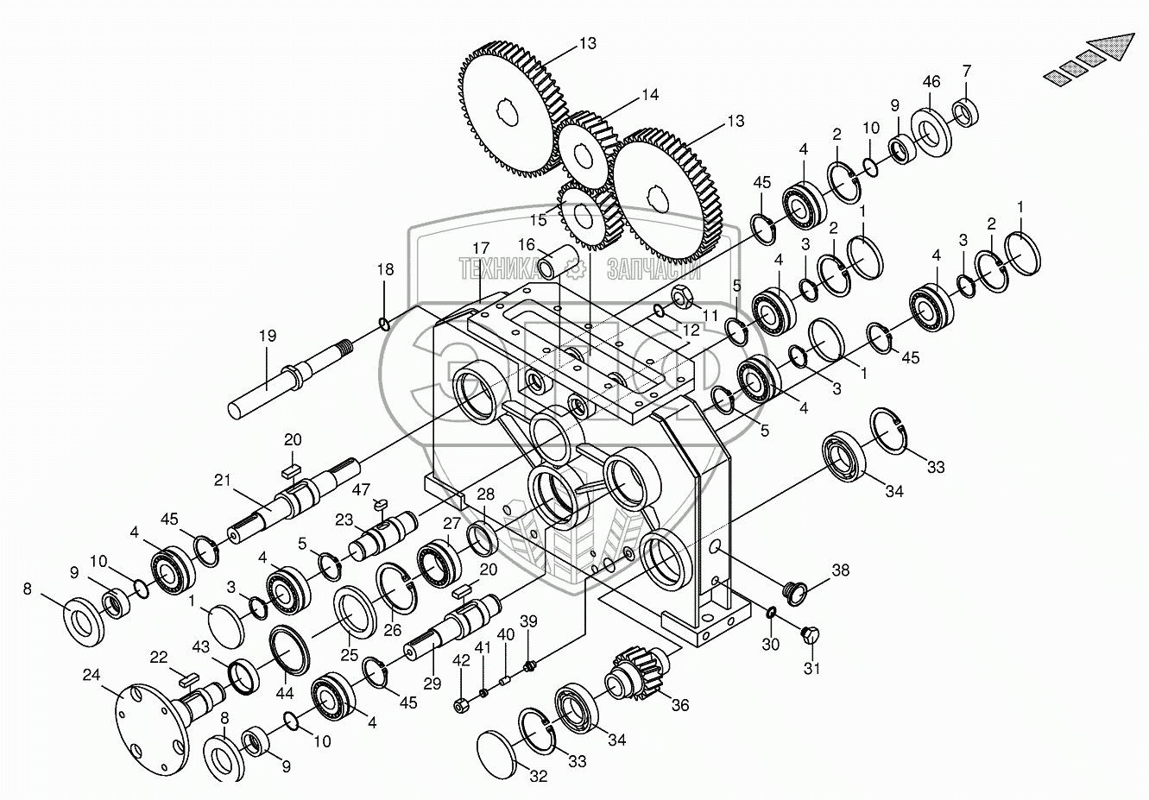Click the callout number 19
click(x=268, y=336)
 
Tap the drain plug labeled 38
click(x=794, y=594)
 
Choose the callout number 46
click(x=931, y=81)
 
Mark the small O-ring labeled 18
click(x=383, y=324)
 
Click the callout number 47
click(x=361, y=489)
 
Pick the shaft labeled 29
click(x=451, y=625)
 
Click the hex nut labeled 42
click(x=460, y=706)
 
